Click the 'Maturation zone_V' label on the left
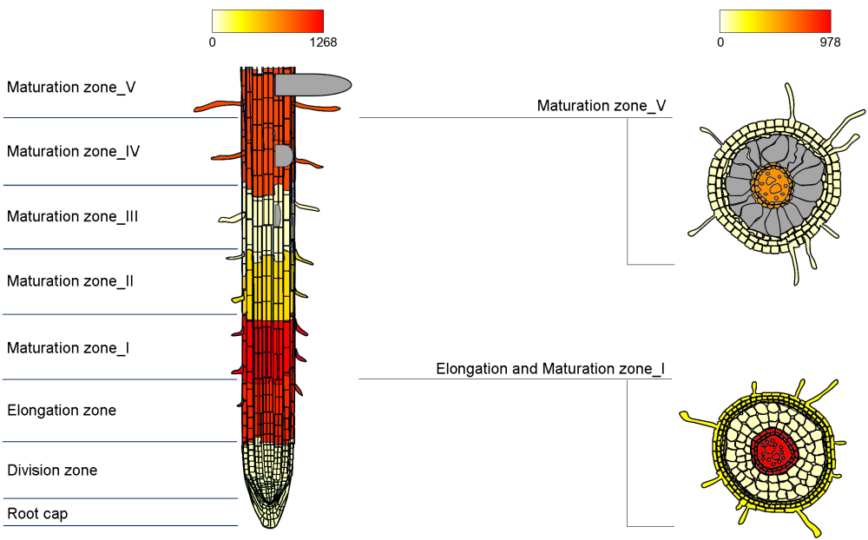pyautogui.click(x=71, y=87)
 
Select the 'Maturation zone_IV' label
pyautogui.click(x=74, y=151)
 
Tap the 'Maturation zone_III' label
pyautogui.click(x=73, y=216)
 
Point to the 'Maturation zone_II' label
pyautogui.click(x=70, y=281)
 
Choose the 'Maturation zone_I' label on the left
pyautogui.click(x=69, y=347)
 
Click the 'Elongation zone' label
pyautogui.click(x=62, y=410)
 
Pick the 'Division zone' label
pyautogui.click(x=52, y=471)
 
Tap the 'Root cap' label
pyautogui.click(x=37, y=514)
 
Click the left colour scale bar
pyautogui.click(x=267, y=21)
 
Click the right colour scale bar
pyautogui.click(x=775, y=21)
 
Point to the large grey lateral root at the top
pyautogui.click(x=312, y=84)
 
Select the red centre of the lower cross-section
pyautogui.click(x=772, y=449)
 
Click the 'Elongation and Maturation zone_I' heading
pyautogui.click(x=550, y=369)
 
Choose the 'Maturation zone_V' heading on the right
pyautogui.click(x=602, y=106)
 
